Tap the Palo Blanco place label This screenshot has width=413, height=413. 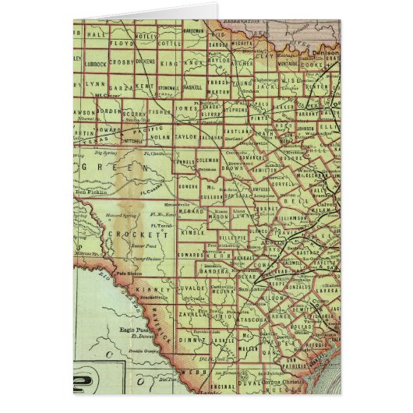[x=126, y=274]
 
